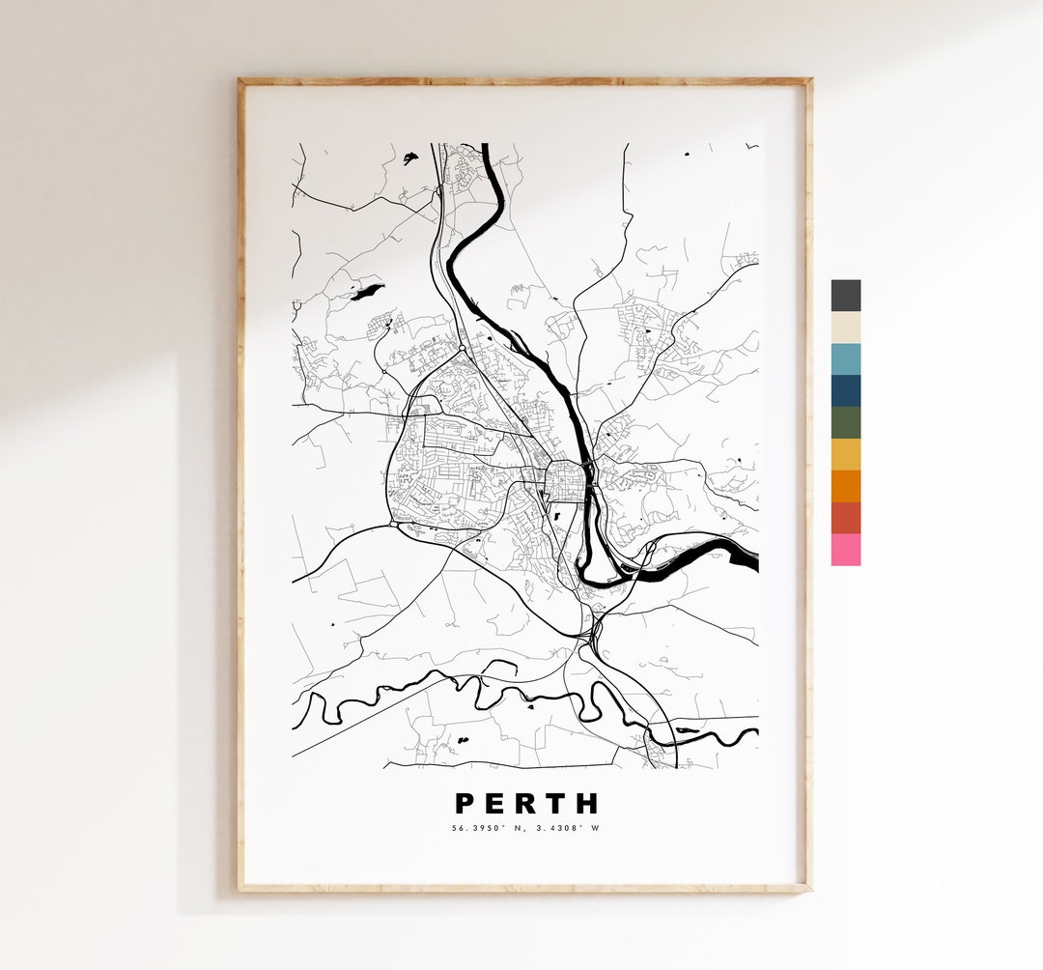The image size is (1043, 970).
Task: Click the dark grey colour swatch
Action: click(x=845, y=296)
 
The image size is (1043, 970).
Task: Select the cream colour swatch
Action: click(x=845, y=327)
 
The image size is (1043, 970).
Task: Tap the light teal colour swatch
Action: click(x=845, y=358)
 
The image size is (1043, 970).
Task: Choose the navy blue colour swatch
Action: click(x=845, y=390)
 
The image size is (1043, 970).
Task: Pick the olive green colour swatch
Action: click(x=845, y=422)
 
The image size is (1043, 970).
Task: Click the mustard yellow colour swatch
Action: click(x=845, y=454)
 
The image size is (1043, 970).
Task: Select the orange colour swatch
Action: click(x=845, y=486)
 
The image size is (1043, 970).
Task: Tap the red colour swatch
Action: click(x=845, y=518)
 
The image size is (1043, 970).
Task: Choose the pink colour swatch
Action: click(x=845, y=550)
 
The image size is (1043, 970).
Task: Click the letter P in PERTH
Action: click(x=465, y=804)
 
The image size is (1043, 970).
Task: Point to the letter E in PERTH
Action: click(x=495, y=804)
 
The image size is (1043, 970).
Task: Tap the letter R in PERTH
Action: click(x=526, y=804)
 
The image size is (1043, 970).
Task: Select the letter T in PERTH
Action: click(x=556, y=804)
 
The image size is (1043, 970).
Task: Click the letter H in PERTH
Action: click(x=587, y=804)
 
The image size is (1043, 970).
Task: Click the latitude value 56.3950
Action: click(x=475, y=828)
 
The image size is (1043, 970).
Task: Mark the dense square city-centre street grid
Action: click(x=564, y=481)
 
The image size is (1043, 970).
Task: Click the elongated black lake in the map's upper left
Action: click(x=367, y=291)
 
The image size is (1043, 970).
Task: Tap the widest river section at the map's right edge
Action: click(x=742, y=554)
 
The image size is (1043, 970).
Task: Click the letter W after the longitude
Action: click(x=596, y=828)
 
